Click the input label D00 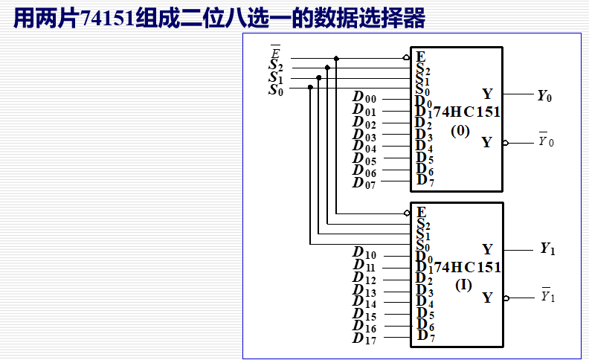coord(364,98)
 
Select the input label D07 coord(364,182)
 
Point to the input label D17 coord(364,339)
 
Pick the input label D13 coord(364,292)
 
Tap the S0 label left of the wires coord(276,90)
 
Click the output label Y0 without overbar coord(545,95)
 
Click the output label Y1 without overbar coord(547,249)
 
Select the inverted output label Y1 coord(547,297)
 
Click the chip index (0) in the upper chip coord(460,131)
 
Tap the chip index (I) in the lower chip coord(463,284)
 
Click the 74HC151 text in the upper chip coord(466,112)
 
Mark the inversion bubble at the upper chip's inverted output coord(506,143)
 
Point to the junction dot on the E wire coord(336,58)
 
